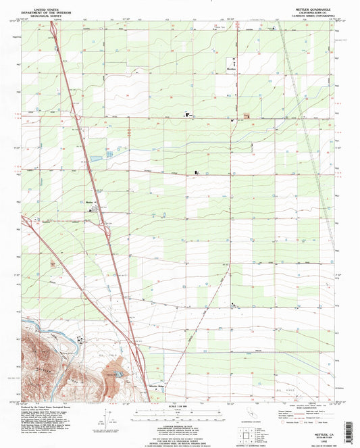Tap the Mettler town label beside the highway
[89, 202]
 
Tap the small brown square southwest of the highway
[53, 261]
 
